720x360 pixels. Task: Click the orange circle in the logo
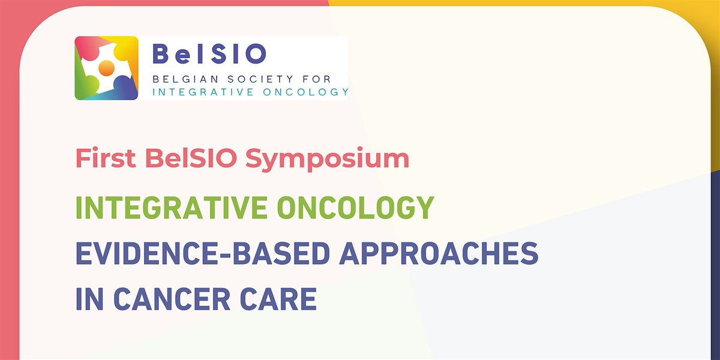point(106,68)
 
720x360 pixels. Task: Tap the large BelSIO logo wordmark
point(209,53)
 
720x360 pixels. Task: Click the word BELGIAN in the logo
point(185,79)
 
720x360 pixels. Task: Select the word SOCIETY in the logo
point(260,79)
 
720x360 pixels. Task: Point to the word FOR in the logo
point(317,79)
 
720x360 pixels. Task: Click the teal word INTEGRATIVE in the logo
point(203,92)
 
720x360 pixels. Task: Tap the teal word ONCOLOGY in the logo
point(305,92)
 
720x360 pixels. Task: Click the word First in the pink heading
point(106,158)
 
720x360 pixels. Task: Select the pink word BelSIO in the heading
point(191,158)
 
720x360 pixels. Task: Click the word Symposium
point(327,160)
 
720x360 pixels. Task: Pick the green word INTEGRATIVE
point(172,208)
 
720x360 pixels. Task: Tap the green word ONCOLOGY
point(355,208)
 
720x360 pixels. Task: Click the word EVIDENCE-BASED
point(203,253)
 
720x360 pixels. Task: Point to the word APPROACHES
point(439,253)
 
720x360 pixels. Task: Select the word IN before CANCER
point(89,299)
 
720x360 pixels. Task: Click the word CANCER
point(172,299)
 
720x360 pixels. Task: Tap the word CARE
point(278,299)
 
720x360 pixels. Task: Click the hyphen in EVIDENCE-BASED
point(224,255)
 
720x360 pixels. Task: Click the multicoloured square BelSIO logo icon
point(106,68)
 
